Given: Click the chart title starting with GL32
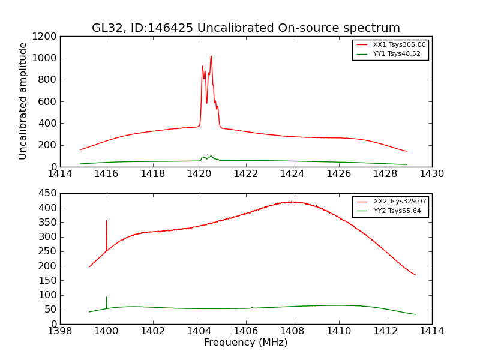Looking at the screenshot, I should [x=245, y=28].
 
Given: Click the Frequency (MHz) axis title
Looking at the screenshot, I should [x=245, y=343].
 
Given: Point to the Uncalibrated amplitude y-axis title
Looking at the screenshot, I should [x=23, y=101].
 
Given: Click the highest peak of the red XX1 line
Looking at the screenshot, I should [x=211, y=56].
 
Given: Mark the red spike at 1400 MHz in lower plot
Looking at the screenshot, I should [x=107, y=221].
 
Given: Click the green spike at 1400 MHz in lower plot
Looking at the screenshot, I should [x=107, y=298].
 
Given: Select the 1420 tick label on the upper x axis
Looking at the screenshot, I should [x=199, y=174].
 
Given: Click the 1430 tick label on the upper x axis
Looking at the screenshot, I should [x=431, y=174].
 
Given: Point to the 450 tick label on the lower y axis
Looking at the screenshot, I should [x=48, y=193].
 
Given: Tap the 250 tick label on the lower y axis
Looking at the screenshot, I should [x=48, y=251].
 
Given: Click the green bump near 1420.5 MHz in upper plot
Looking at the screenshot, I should [x=211, y=156].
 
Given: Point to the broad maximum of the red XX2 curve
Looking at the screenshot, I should [x=292, y=202].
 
